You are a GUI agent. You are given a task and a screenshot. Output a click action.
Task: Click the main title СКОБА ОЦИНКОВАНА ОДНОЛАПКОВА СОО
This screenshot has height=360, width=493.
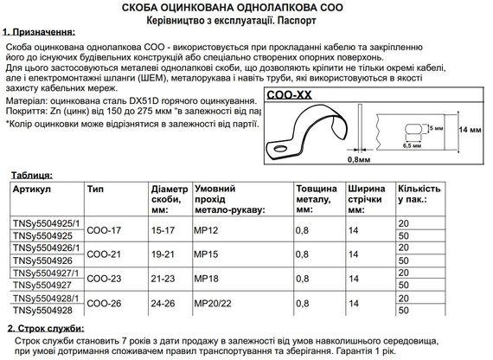click(x=247, y=8)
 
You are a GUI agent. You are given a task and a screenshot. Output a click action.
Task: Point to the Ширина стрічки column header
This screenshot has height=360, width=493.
click(x=366, y=194)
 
